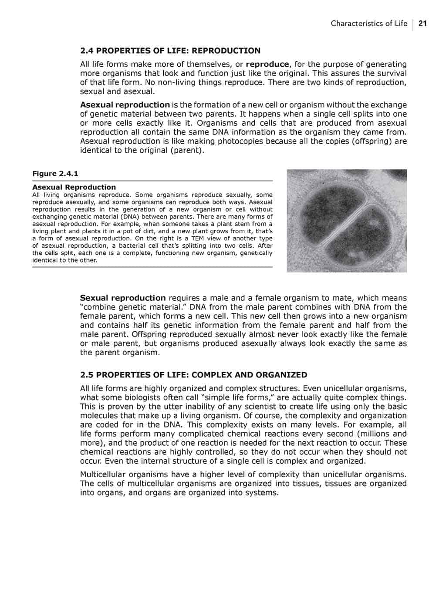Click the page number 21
click(422, 24)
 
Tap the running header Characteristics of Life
click(369, 24)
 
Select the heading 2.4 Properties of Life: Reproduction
click(170, 50)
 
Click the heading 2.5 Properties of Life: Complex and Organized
click(193, 375)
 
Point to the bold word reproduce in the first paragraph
click(267, 64)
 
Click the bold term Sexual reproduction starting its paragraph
click(123, 298)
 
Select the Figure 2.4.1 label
click(55, 174)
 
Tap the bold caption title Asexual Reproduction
click(74, 187)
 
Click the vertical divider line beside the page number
click(413, 24)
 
